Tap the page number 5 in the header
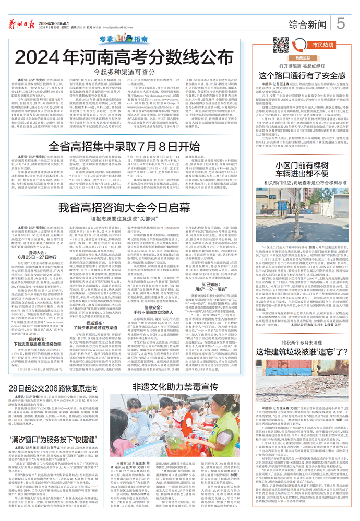341,23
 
